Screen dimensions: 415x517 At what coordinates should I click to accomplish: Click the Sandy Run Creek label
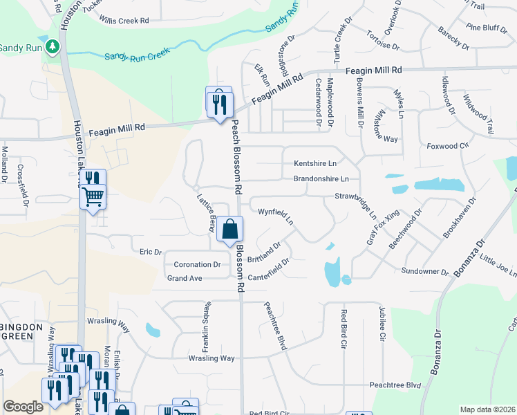pos(137,55)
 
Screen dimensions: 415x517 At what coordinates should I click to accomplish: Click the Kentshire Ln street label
pos(314,163)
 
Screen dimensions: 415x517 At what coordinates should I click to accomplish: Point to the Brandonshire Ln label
pos(321,178)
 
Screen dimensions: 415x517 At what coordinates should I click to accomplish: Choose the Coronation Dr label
pos(197,264)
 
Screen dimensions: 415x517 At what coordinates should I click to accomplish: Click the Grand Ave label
pos(185,278)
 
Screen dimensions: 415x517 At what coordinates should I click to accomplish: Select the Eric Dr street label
pos(150,252)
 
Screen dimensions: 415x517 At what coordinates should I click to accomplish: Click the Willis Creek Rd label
pos(124,21)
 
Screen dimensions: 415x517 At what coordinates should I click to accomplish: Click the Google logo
pos(23,407)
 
